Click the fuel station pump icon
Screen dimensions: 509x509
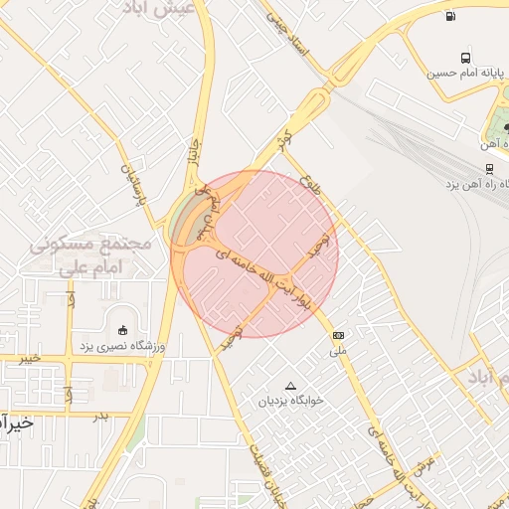[452, 15]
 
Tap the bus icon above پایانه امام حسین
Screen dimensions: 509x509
[466, 58]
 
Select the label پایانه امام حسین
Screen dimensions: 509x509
[466, 74]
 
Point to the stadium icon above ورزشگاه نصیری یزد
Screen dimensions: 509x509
[123, 330]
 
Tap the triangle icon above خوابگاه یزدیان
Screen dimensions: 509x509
[290, 386]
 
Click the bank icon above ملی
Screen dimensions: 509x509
[339, 335]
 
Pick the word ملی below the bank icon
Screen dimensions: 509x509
[339, 351]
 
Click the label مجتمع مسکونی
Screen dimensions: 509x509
[89, 243]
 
